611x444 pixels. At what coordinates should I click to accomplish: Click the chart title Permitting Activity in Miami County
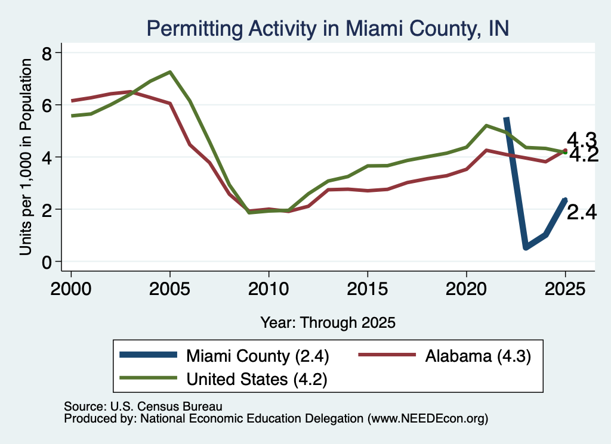coord(328,29)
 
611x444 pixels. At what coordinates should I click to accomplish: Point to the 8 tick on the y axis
coord(47,53)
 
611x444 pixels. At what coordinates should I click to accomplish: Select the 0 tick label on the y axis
coord(47,262)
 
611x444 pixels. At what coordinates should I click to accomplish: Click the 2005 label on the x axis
coord(169,289)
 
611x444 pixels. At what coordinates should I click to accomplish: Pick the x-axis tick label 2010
coord(269,289)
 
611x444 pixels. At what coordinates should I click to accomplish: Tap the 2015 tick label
coord(368,289)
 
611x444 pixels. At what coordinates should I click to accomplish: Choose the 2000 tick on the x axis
coord(71,289)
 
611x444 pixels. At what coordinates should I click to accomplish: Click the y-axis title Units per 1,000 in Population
coord(26,157)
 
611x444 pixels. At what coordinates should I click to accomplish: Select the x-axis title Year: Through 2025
coord(328,322)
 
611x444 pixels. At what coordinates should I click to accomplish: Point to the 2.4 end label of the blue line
coord(581,213)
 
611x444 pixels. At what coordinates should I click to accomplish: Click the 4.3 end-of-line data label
coord(581,139)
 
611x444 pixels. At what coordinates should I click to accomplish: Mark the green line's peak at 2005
coord(170,72)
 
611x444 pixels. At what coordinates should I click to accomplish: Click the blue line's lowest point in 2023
coord(526,247)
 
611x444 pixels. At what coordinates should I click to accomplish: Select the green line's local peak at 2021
coord(486,126)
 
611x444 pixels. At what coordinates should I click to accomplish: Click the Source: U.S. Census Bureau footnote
coord(143,406)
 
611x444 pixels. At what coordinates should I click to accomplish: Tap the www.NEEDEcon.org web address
coord(427,418)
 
